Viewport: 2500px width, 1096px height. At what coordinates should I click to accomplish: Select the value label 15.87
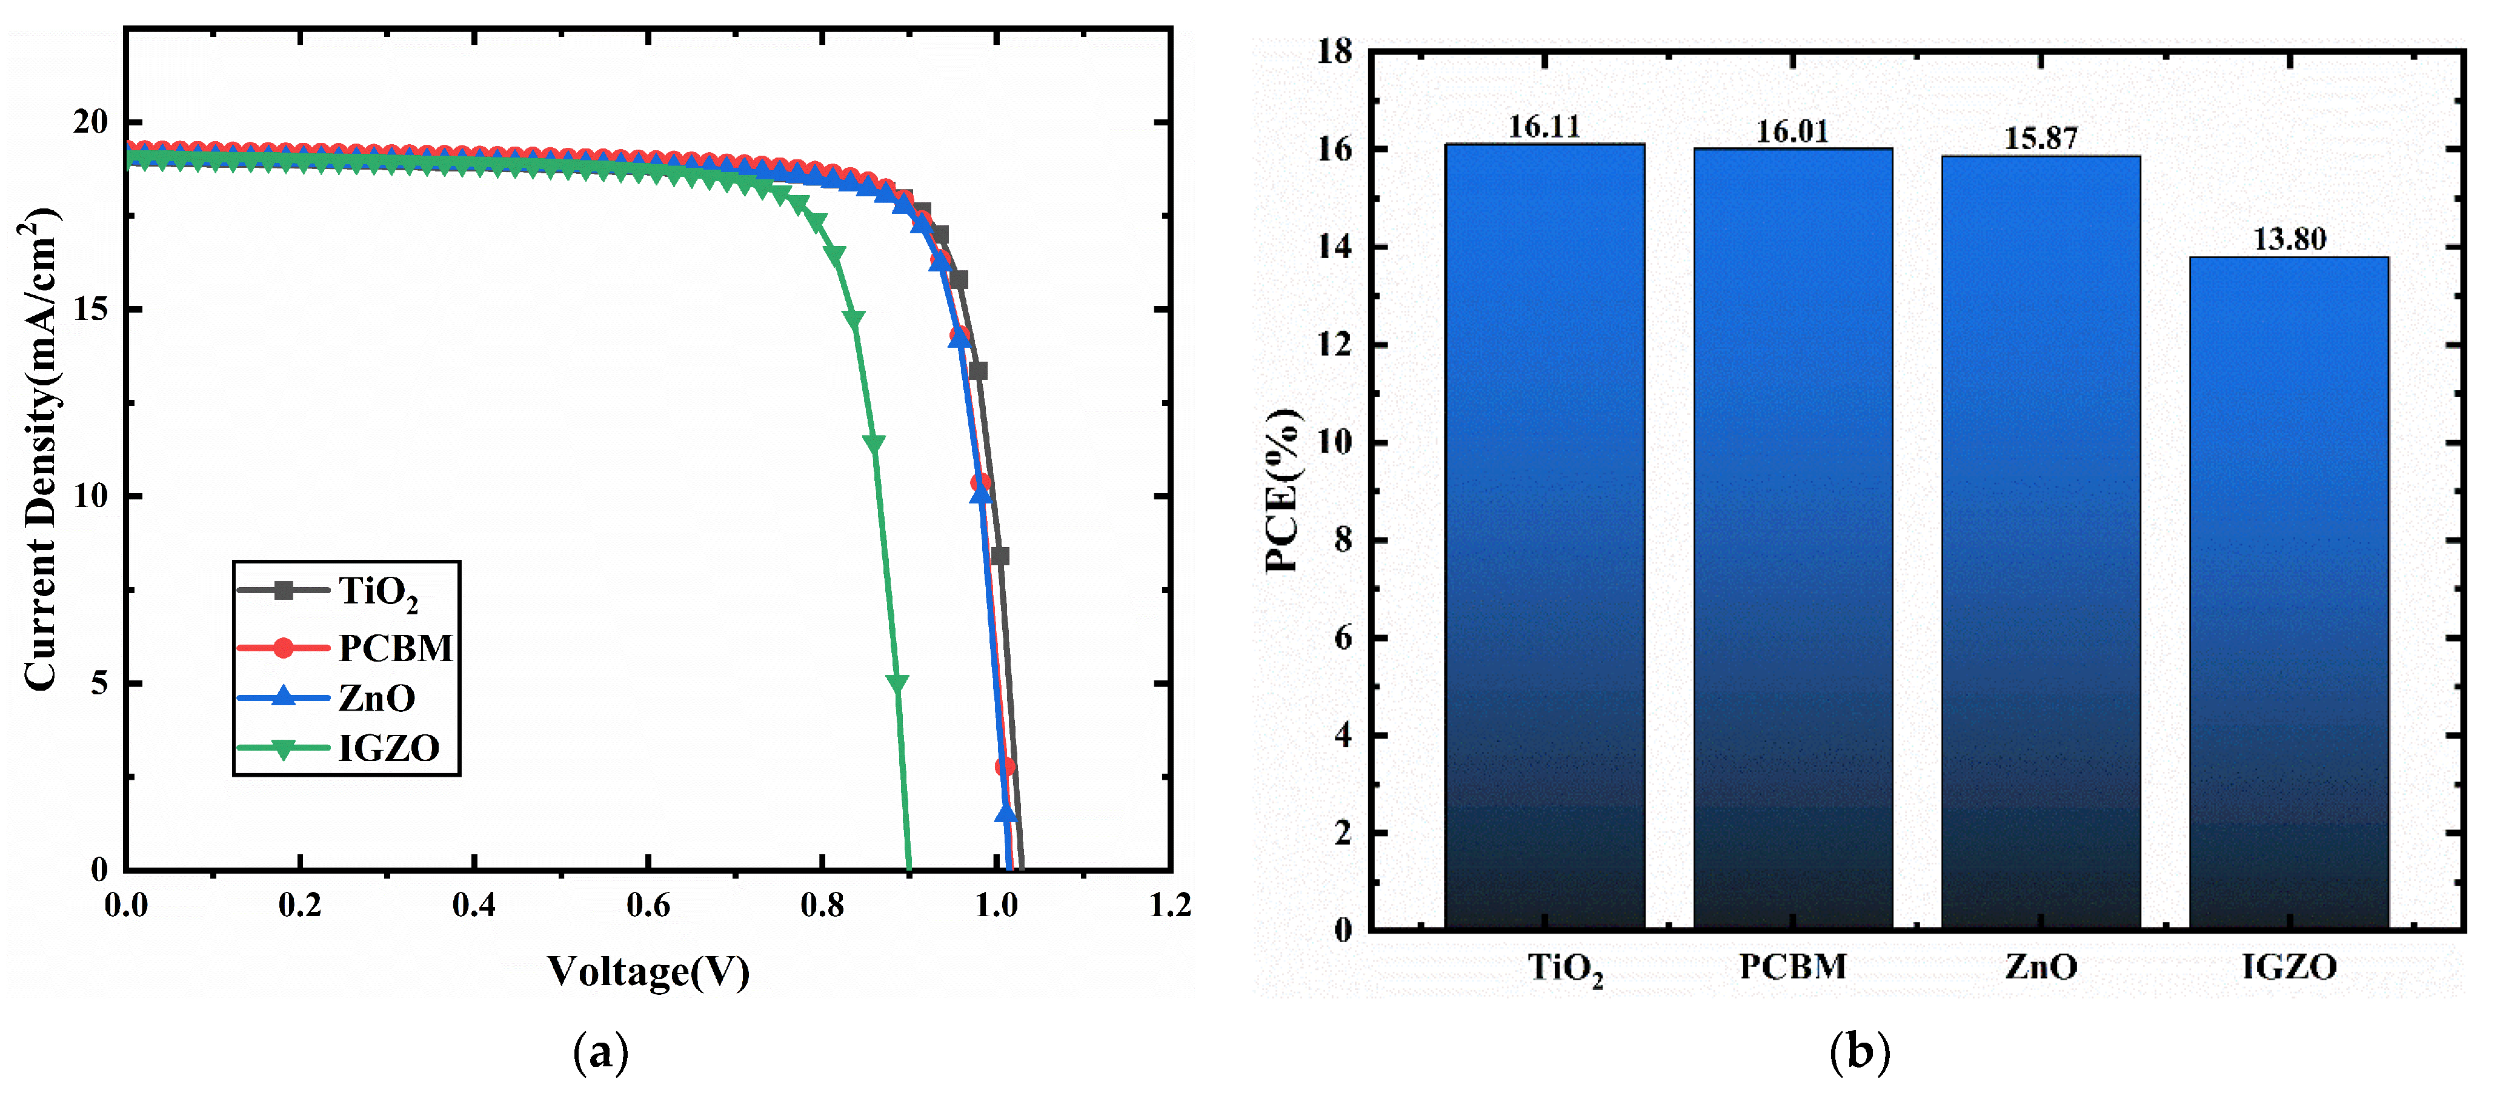(2040, 139)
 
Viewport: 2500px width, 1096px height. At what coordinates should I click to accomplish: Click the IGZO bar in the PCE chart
(2289, 592)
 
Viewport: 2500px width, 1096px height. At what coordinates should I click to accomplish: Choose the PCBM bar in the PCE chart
(1792, 539)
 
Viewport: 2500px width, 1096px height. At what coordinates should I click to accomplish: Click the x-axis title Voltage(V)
(648, 971)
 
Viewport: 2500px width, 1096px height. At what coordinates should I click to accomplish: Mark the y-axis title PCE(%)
(1282, 490)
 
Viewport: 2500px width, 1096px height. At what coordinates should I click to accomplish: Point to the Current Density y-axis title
(41, 450)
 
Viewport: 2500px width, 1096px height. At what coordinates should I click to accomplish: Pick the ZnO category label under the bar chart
(2041, 967)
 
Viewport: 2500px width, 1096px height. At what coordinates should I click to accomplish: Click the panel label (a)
(600, 1052)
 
